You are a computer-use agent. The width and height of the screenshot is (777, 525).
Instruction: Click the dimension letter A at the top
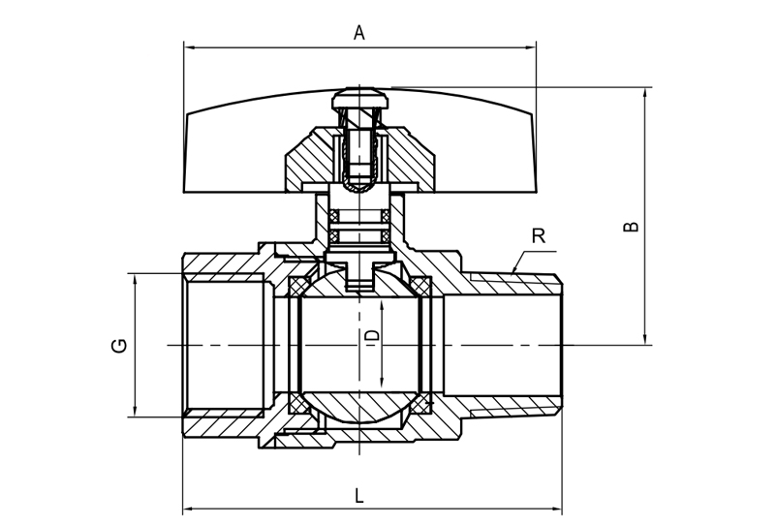pyautogui.click(x=358, y=33)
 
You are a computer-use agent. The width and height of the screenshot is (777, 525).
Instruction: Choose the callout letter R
pyautogui.click(x=539, y=235)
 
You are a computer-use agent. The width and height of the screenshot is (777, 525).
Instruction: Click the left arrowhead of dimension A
pyautogui.click(x=189, y=46)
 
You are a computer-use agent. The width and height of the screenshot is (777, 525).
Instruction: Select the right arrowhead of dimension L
pyautogui.click(x=556, y=508)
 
